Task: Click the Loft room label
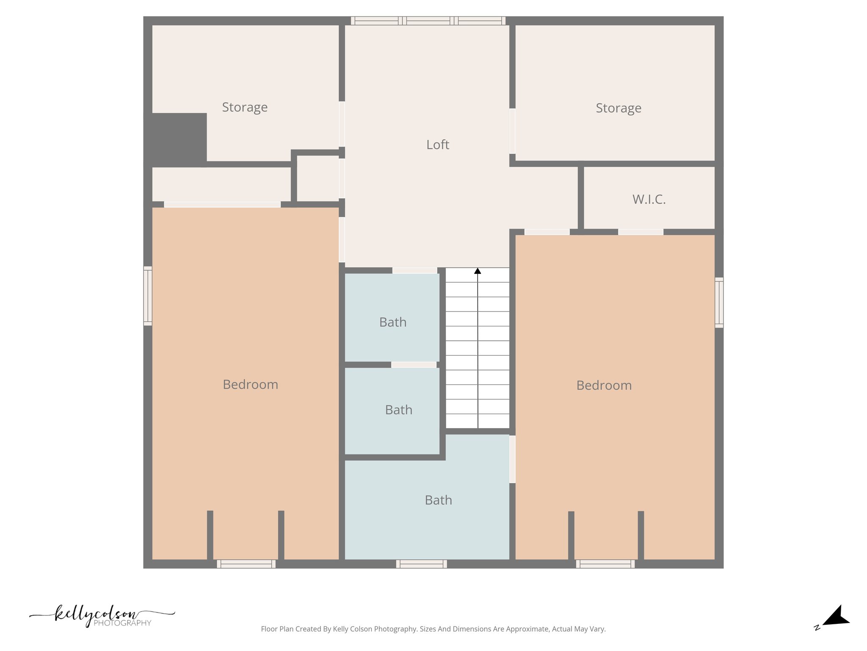pos(437,145)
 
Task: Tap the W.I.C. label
pos(649,199)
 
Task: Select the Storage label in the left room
pos(245,107)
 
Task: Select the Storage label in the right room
pos(618,108)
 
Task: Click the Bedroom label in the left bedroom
pos(250,384)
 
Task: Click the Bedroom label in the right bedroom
pos(604,385)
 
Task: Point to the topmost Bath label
pos(392,322)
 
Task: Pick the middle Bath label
pos(398,410)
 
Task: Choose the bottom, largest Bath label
pos(438,500)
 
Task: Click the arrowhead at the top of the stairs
pos(478,271)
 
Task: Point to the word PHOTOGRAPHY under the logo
pos(122,623)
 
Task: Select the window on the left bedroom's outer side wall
pos(148,296)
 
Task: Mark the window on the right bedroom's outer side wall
pos(719,303)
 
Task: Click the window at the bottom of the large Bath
pos(421,564)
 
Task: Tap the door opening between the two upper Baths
pos(414,364)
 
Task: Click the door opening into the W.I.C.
pos(641,232)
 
